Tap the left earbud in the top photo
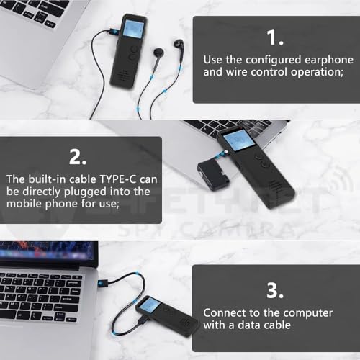pos(158,55)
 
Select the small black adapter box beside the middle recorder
pos(210,174)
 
